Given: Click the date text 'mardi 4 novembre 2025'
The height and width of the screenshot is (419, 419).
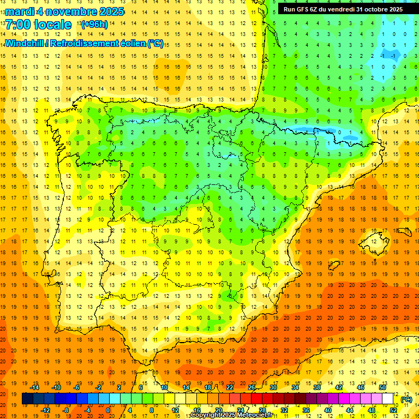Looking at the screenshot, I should click(x=65, y=11).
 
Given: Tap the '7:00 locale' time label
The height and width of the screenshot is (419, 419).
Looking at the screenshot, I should click(x=38, y=25).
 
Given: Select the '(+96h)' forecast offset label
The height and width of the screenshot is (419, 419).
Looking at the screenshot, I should click(x=94, y=25).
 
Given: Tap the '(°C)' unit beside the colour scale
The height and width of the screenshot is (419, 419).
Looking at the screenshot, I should click(x=406, y=399).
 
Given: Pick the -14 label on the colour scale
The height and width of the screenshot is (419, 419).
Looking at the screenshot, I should click(x=35, y=387).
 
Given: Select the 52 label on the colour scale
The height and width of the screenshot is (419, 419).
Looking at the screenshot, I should click(x=393, y=410).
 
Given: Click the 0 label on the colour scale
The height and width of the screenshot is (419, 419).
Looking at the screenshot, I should click(x=108, y=410).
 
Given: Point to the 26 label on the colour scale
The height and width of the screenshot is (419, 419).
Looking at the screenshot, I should click(x=252, y=387).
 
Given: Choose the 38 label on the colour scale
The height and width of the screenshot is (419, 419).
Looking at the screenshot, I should click(x=316, y=387).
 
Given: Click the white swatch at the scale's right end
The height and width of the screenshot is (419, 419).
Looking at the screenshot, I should click(x=388, y=399).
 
